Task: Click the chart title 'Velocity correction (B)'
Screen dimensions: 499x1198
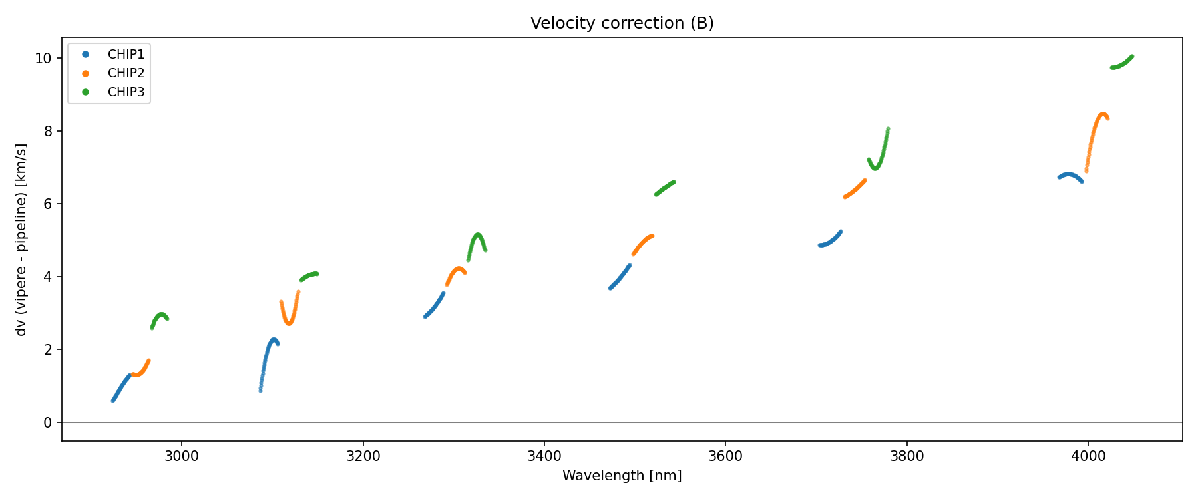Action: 622,23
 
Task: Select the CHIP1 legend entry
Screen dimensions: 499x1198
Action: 126,54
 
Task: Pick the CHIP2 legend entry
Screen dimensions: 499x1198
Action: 126,73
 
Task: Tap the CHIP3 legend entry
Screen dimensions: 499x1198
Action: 126,92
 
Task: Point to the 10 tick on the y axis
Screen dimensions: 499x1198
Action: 43,59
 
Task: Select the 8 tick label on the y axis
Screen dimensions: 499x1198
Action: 47,131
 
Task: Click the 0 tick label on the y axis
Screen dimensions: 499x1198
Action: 47,422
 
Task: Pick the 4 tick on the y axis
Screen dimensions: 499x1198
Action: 47,277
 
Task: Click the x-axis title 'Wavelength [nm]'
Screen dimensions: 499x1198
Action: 622,476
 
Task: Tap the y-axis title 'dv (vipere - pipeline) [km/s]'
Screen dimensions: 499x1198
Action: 21,240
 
